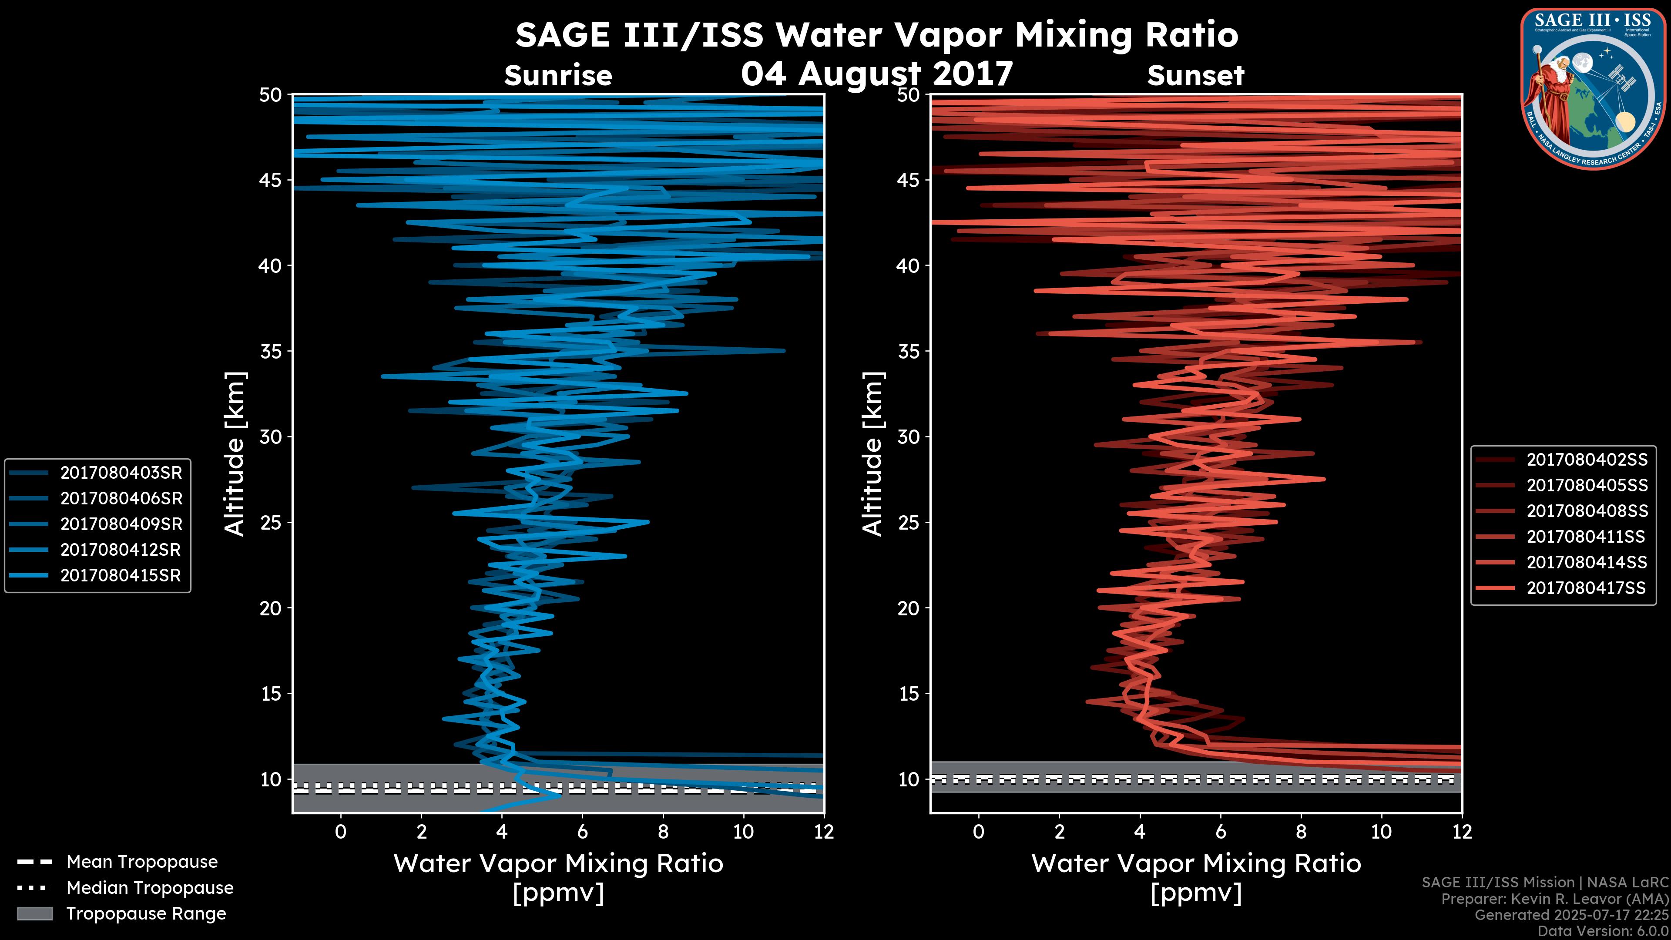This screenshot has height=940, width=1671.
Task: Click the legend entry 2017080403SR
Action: click(121, 473)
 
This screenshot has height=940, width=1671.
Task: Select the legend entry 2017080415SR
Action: click(121, 575)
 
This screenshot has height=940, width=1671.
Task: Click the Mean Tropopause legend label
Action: click(142, 862)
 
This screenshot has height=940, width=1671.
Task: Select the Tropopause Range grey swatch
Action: click(34, 913)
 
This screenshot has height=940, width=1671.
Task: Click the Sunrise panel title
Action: click(558, 76)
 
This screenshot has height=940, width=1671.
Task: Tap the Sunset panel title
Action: click(1195, 76)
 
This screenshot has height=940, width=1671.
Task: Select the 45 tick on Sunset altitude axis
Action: click(909, 180)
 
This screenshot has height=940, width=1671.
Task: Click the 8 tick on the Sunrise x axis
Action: click(663, 832)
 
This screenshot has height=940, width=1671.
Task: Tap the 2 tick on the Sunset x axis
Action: click(1059, 832)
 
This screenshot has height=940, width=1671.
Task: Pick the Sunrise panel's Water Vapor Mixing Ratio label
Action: click(558, 863)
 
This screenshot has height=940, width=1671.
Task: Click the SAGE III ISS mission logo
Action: click(1593, 88)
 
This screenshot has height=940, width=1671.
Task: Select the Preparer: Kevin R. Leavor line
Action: click(1554, 899)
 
